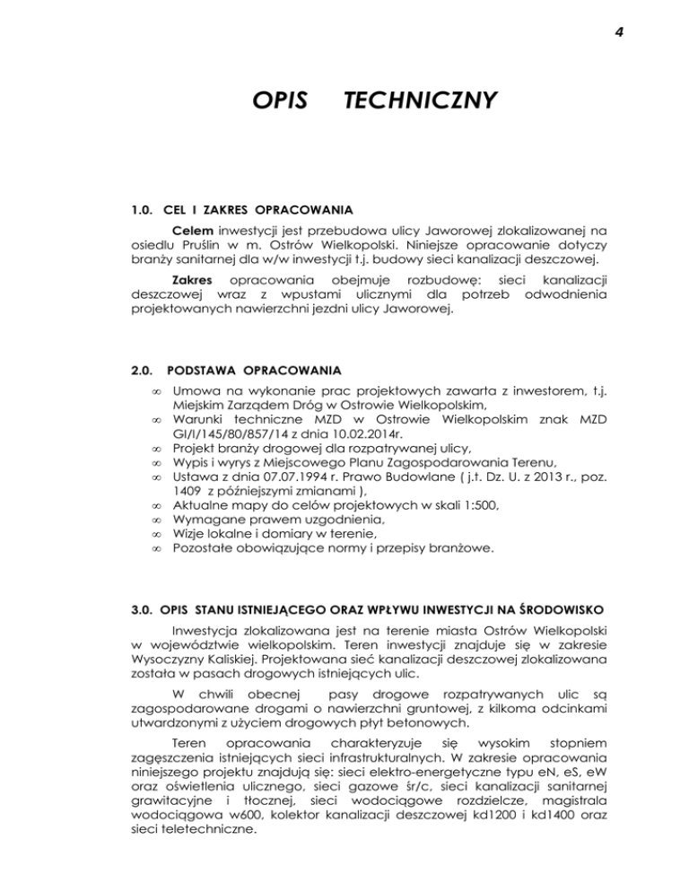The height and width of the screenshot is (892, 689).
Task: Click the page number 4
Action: point(619,34)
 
